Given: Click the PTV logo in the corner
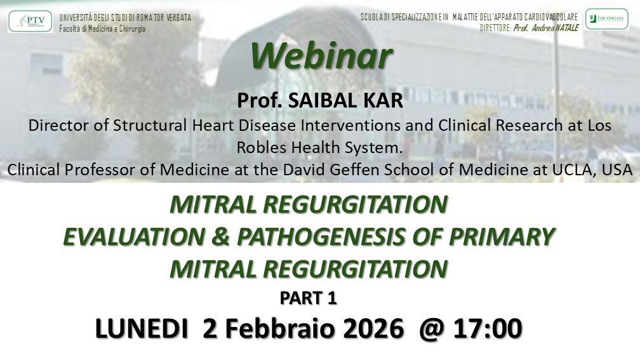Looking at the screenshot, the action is pyautogui.click(x=30, y=21).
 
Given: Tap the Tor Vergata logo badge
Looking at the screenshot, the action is pyautogui.click(x=607, y=19).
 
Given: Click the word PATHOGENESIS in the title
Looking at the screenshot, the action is pyautogui.click(x=321, y=237).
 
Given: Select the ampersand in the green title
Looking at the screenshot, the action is pyautogui.click(x=220, y=237).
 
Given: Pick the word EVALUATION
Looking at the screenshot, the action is pyautogui.click(x=135, y=237).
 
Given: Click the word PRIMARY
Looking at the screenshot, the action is pyautogui.click(x=502, y=237).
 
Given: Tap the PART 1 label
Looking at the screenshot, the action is pyautogui.click(x=308, y=298).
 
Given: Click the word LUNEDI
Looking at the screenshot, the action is pyautogui.click(x=142, y=328).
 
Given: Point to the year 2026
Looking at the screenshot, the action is pyautogui.click(x=373, y=328).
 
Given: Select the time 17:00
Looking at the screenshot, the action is pyautogui.click(x=488, y=328).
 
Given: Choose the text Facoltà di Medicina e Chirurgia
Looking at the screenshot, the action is pyautogui.click(x=102, y=29).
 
